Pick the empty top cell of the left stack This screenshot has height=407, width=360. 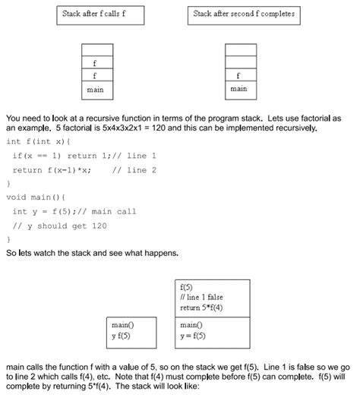(x=97, y=50)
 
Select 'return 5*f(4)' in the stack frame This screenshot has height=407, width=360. (x=202, y=308)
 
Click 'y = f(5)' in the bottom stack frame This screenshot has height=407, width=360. (x=197, y=335)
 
